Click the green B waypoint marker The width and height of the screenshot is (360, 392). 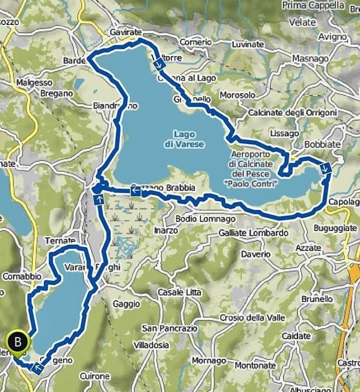pyautogui.click(x=18, y=342)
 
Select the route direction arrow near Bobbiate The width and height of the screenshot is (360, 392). pyautogui.click(x=325, y=168)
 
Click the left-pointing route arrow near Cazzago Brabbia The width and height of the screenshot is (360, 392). pyautogui.click(x=135, y=191)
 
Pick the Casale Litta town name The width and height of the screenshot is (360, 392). pyautogui.click(x=179, y=293)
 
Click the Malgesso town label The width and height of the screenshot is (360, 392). pyautogui.click(x=35, y=82)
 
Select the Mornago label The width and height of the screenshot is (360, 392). pyautogui.click(x=209, y=361)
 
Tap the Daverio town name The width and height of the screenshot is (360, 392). pyautogui.click(x=256, y=254)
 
